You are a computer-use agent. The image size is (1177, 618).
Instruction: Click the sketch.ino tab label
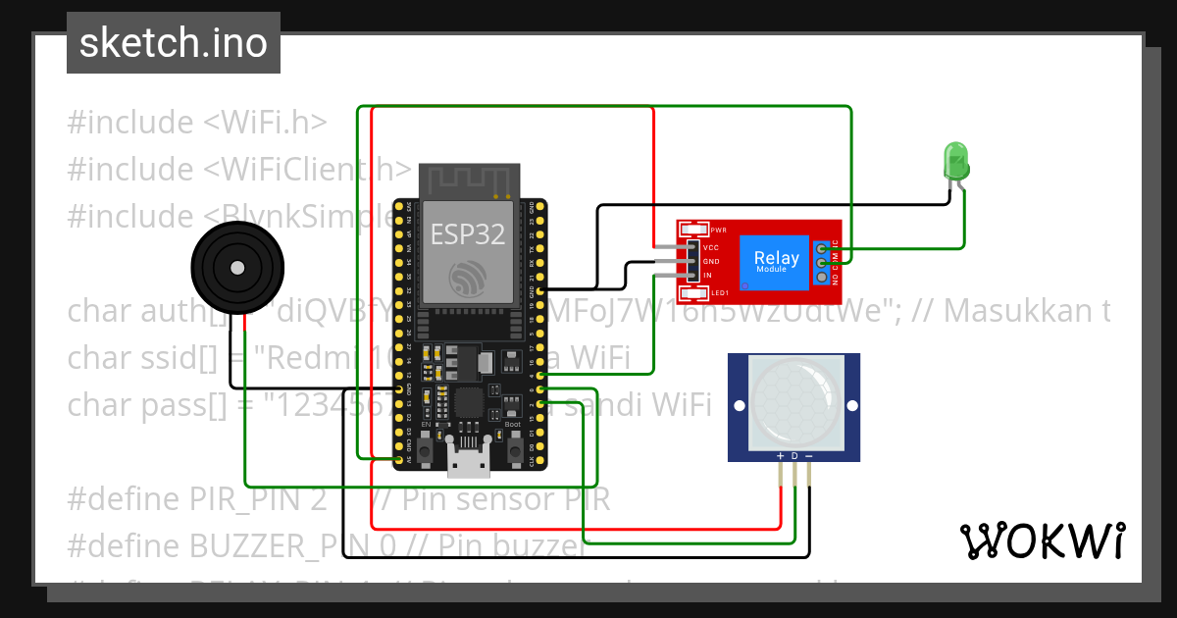coord(173,43)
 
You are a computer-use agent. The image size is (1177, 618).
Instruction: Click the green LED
coord(955,159)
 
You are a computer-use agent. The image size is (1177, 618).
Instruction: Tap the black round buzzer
coord(236,267)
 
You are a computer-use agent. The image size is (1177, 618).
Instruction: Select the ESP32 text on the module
coord(467,234)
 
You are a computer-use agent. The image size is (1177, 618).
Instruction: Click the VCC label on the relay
coord(711,248)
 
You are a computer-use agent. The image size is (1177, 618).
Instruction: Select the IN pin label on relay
coord(707,276)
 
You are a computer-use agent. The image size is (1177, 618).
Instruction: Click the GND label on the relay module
coord(711,262)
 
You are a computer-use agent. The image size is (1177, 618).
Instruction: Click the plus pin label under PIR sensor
coord(780,456)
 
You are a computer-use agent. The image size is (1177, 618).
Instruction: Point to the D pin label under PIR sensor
coord(794,456)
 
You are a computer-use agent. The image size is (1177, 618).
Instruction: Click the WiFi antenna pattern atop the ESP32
coord(467,180)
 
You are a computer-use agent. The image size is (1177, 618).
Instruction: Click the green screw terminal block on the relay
coord(821,262)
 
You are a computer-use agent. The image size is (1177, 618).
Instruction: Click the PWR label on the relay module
coord(717,230)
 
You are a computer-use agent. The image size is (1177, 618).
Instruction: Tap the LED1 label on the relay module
coord(719,293)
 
